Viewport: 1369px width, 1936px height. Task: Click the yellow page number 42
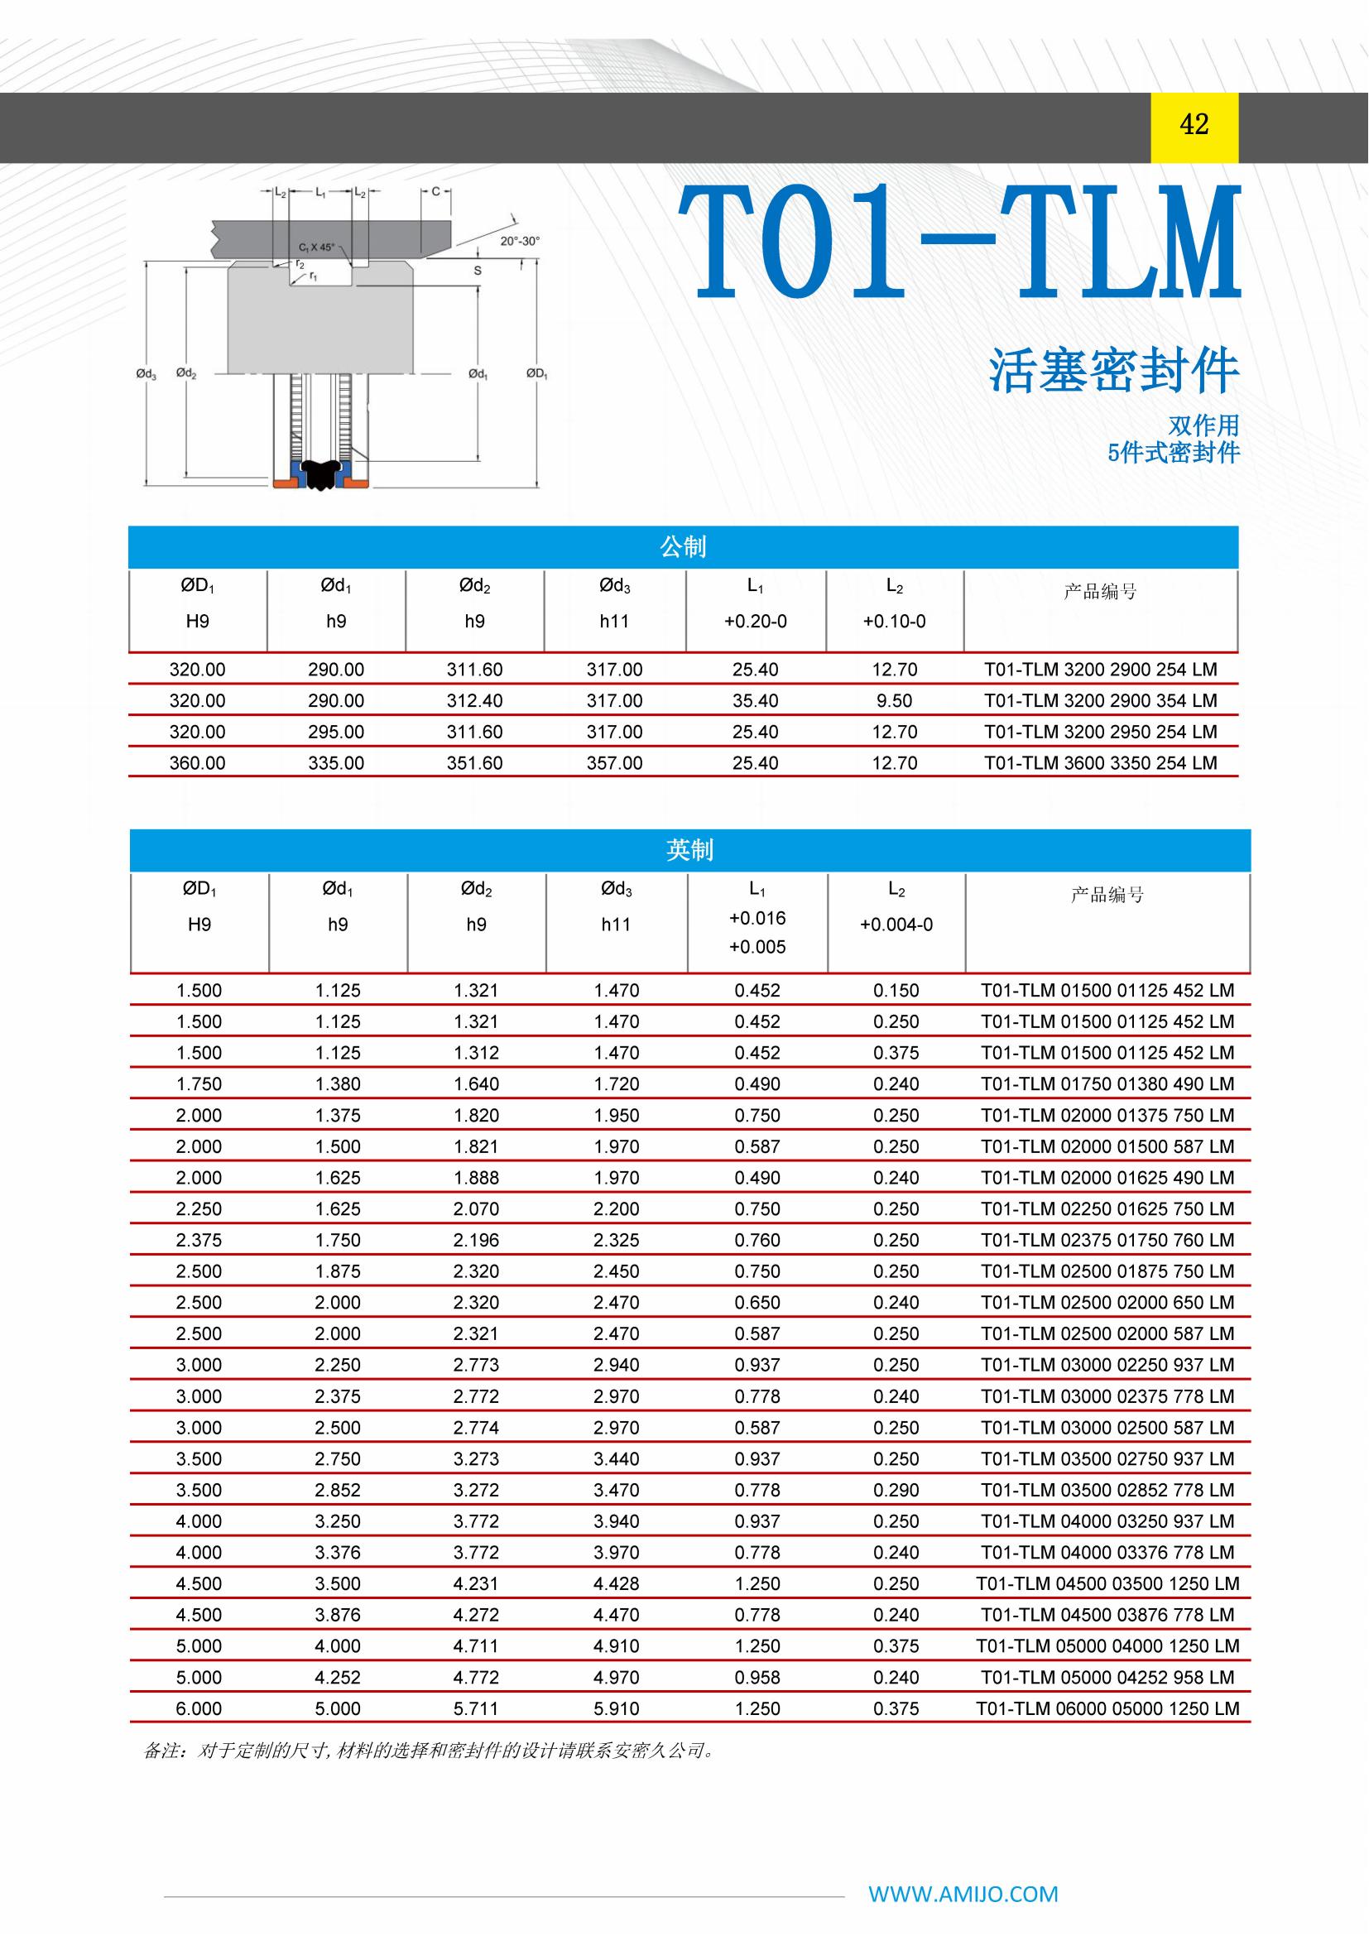click(1194, 125)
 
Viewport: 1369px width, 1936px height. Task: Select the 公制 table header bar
click(683, 547)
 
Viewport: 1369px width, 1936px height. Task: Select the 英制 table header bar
click(689, 850)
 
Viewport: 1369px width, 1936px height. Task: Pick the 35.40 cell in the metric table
click(756, 701)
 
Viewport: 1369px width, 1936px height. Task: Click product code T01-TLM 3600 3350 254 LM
click(1100, 763)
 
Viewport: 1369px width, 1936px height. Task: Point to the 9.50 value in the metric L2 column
click(895, 701)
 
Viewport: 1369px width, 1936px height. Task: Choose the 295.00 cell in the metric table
click(335, 732)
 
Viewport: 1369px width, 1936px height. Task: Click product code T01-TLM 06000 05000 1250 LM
click(1107, 1708)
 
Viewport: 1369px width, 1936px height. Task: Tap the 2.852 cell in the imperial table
click(337, 1490)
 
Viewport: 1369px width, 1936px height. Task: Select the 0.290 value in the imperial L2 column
click(896, 1490)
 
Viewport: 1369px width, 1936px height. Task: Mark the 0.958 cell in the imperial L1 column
click(757, 1677)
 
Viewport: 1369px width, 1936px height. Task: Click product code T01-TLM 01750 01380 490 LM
click(1107, 1084)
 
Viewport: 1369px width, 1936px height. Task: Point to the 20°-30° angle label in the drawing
click(519, 241)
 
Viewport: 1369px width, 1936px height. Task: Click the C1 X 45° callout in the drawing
click(316, 248)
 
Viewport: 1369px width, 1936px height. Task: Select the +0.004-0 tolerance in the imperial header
click(896, 925)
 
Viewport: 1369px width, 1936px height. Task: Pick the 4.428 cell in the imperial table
click(617, 1583)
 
